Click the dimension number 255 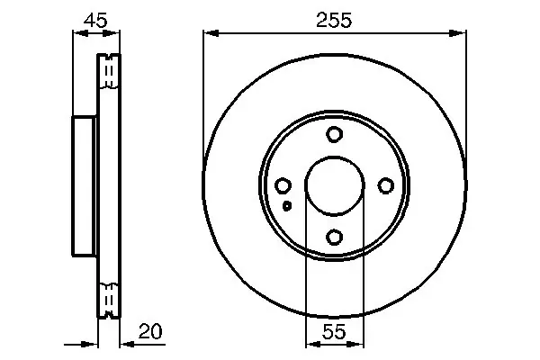point(334,20)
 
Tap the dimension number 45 point(95,21)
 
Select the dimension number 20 point(150,331)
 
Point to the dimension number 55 point(334,332)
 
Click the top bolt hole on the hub point(334,134)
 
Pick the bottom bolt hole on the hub point(334,238)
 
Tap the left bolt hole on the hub point(283,185)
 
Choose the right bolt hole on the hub point(386,185)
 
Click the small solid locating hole point(287,206)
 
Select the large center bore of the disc point(335,185)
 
